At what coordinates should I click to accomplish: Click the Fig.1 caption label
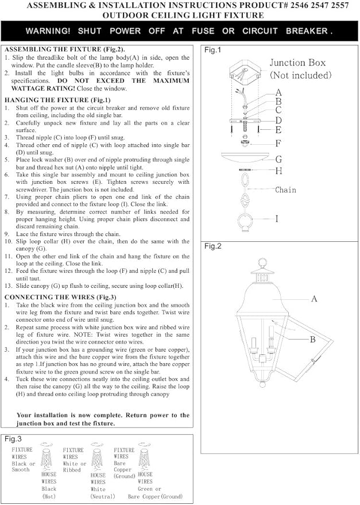[x=213, y=50]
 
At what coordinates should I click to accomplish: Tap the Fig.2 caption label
[x=213, y=246]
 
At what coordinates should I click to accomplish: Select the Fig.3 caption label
[x=13, y=439]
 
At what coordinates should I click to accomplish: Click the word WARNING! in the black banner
[x=48, y=31]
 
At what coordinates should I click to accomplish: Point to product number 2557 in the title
[x=340, y=6]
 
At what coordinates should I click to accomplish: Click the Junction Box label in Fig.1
[x=297, y=63]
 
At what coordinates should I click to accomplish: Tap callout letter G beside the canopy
[x=278, y=159]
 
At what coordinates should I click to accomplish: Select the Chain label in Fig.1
[x=285, y=190]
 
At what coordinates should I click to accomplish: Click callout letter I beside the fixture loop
[x=277, y=219]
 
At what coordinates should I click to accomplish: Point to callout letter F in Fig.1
[x=278, y=143]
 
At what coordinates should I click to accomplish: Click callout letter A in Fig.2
[x=314, y=299]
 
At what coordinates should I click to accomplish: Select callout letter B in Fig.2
[x=312, y=340]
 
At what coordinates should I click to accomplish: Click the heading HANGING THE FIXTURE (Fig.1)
[x=57, y=100]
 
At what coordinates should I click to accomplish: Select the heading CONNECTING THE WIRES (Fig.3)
[x=60, y=297]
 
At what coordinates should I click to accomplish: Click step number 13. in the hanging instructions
[x=9, y=286]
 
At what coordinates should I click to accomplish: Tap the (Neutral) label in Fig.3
[x=102, y=496]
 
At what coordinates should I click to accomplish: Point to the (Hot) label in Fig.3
[x=49, y=496]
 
